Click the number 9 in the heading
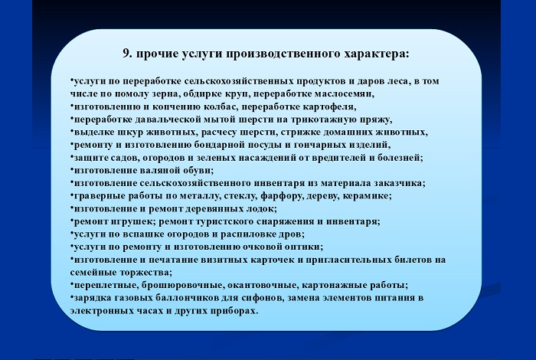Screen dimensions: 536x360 (x=126, y=54)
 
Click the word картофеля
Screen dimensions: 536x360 (x=328, y=107)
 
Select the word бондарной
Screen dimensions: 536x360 (x=218, y=145)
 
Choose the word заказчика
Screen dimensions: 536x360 (x=398, y=183)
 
